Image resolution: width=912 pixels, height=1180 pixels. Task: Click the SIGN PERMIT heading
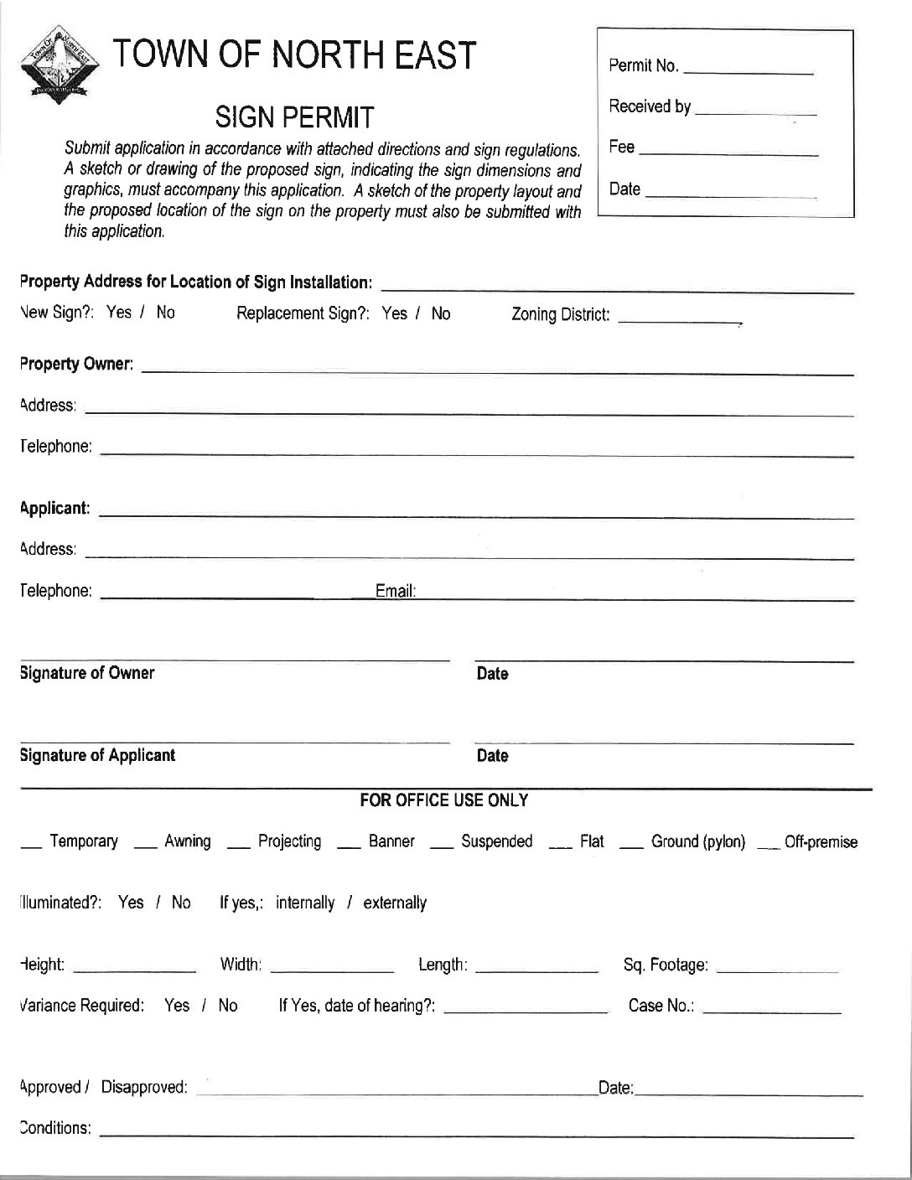(294, 117)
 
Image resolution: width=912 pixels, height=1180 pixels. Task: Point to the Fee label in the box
(622, 147)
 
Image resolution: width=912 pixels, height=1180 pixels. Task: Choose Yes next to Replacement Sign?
(394, 313)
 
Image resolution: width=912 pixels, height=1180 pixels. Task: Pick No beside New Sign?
(165, 313)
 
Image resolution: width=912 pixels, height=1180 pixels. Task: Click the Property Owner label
(76, 365)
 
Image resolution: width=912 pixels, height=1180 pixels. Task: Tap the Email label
(396, 591)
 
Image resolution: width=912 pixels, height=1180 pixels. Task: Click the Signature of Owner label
(87, 673)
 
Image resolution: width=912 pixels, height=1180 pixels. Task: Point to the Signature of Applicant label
(97, 755)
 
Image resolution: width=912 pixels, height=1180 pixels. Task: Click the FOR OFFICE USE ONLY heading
(444, 800)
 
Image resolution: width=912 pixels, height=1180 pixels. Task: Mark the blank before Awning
(146, 845)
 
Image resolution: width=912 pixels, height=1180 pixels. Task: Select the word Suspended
(496, 841)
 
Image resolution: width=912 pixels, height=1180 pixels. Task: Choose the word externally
(395, 903)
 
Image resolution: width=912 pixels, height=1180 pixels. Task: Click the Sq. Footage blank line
(777, 969)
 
